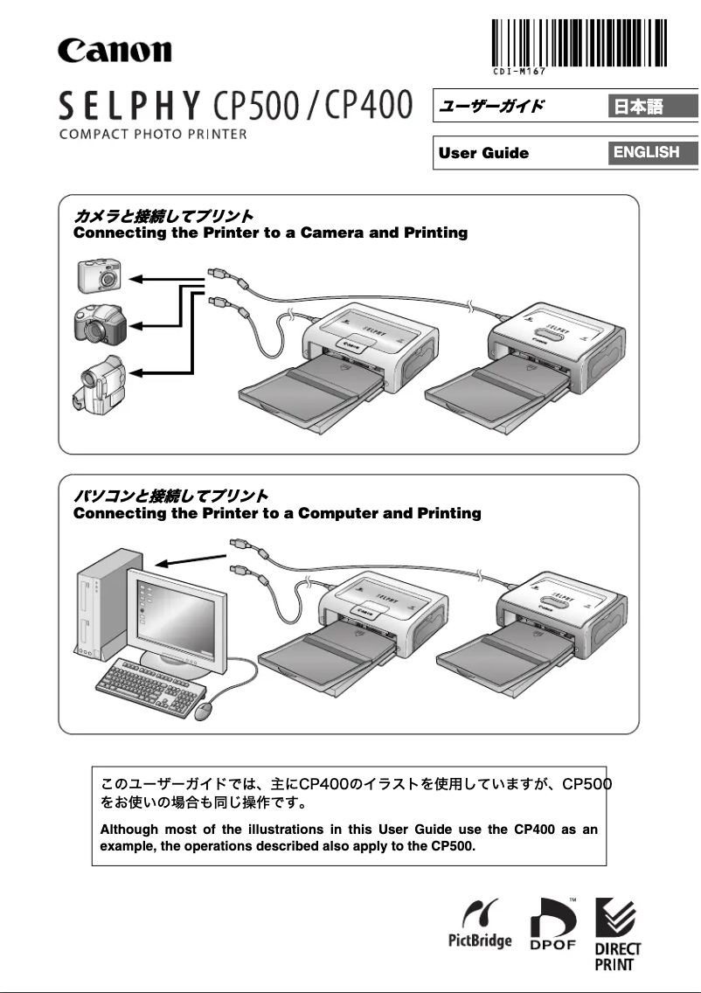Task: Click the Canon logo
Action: coord(115,49)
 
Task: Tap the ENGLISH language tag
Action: coord(646,152)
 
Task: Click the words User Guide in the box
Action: coord(483,153)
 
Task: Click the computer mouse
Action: coord(205,710)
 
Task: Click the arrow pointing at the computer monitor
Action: coord(185,561)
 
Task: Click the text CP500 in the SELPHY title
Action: coord(262,108)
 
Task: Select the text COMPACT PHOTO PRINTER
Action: coord(153,135)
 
